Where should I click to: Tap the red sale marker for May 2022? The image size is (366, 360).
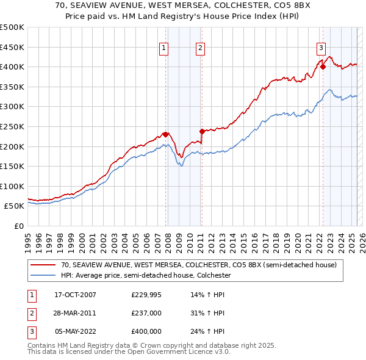tap(323, 67)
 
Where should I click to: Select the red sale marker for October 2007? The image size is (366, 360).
tap(165, 134)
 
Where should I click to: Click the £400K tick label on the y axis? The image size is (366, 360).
tap(12, 67)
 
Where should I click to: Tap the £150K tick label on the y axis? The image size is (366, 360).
tap(12, 166)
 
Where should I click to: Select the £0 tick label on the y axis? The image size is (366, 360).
tap(18, 226)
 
